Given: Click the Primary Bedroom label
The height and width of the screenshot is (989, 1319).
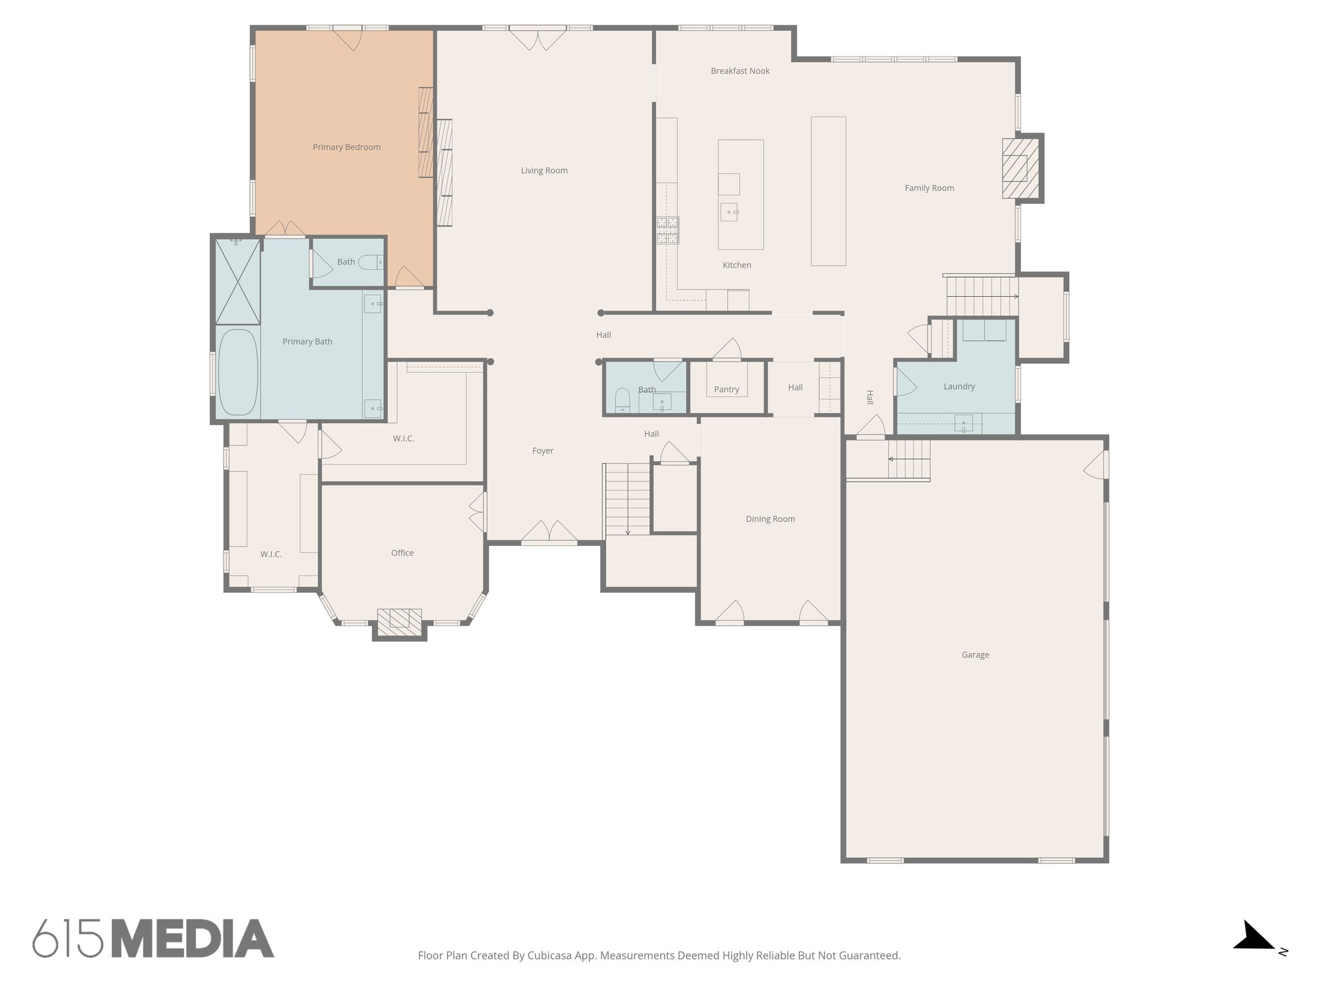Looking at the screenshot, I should (x=346, y=147).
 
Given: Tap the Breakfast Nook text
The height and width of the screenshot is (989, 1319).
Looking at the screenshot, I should (x=740, y=71).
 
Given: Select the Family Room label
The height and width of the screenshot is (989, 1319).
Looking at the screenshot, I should (x=929, y=188).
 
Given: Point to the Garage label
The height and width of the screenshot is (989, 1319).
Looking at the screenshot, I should (x=975, y=655).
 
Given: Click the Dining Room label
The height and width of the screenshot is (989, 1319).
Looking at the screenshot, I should (x=770, y=519).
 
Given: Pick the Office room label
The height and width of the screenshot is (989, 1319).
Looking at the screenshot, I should (x=402, y=553).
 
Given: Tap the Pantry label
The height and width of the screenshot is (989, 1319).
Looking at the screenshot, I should (x=726, y=390).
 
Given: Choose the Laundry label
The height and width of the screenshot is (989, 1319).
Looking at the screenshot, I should (x=959, y=386).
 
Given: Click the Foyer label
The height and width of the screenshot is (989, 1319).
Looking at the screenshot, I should (x=542, y=451).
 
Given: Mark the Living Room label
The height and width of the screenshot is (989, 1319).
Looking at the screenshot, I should (x=544, y=171).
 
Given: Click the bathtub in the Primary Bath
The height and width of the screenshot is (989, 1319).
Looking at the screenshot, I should (x=238, y=373).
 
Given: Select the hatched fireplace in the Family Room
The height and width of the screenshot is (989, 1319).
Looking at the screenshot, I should (x=1020, y=169).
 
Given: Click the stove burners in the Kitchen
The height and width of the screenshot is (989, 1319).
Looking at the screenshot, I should (x=667, y=231).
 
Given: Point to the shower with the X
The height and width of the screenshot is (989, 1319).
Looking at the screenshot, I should (x=238, y=281).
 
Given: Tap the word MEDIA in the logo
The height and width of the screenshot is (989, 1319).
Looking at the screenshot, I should (x=193, y=939).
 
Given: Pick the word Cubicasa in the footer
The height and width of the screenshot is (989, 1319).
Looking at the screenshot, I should (x=552, y=956).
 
